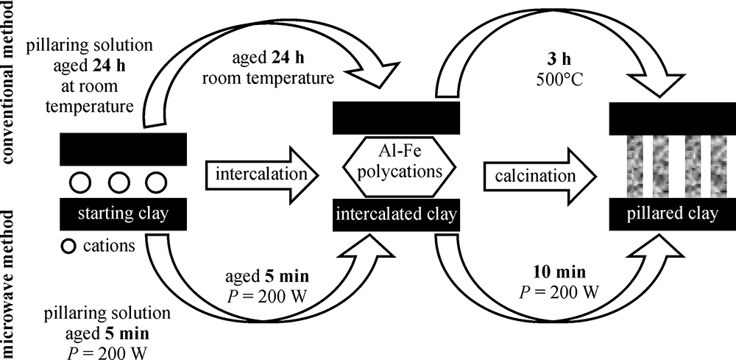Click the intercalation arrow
(262, 174)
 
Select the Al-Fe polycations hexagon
(400, 166)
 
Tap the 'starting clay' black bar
(123, 214)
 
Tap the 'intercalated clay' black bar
(396, 215)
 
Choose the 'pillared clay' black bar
(673, 214)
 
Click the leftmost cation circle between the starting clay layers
(81, 182)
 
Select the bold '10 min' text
(559, 272)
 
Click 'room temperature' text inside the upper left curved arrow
(268, 77)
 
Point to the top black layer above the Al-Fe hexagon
(396, 117)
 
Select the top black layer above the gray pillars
(673, 117)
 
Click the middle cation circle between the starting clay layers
(118, 182)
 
